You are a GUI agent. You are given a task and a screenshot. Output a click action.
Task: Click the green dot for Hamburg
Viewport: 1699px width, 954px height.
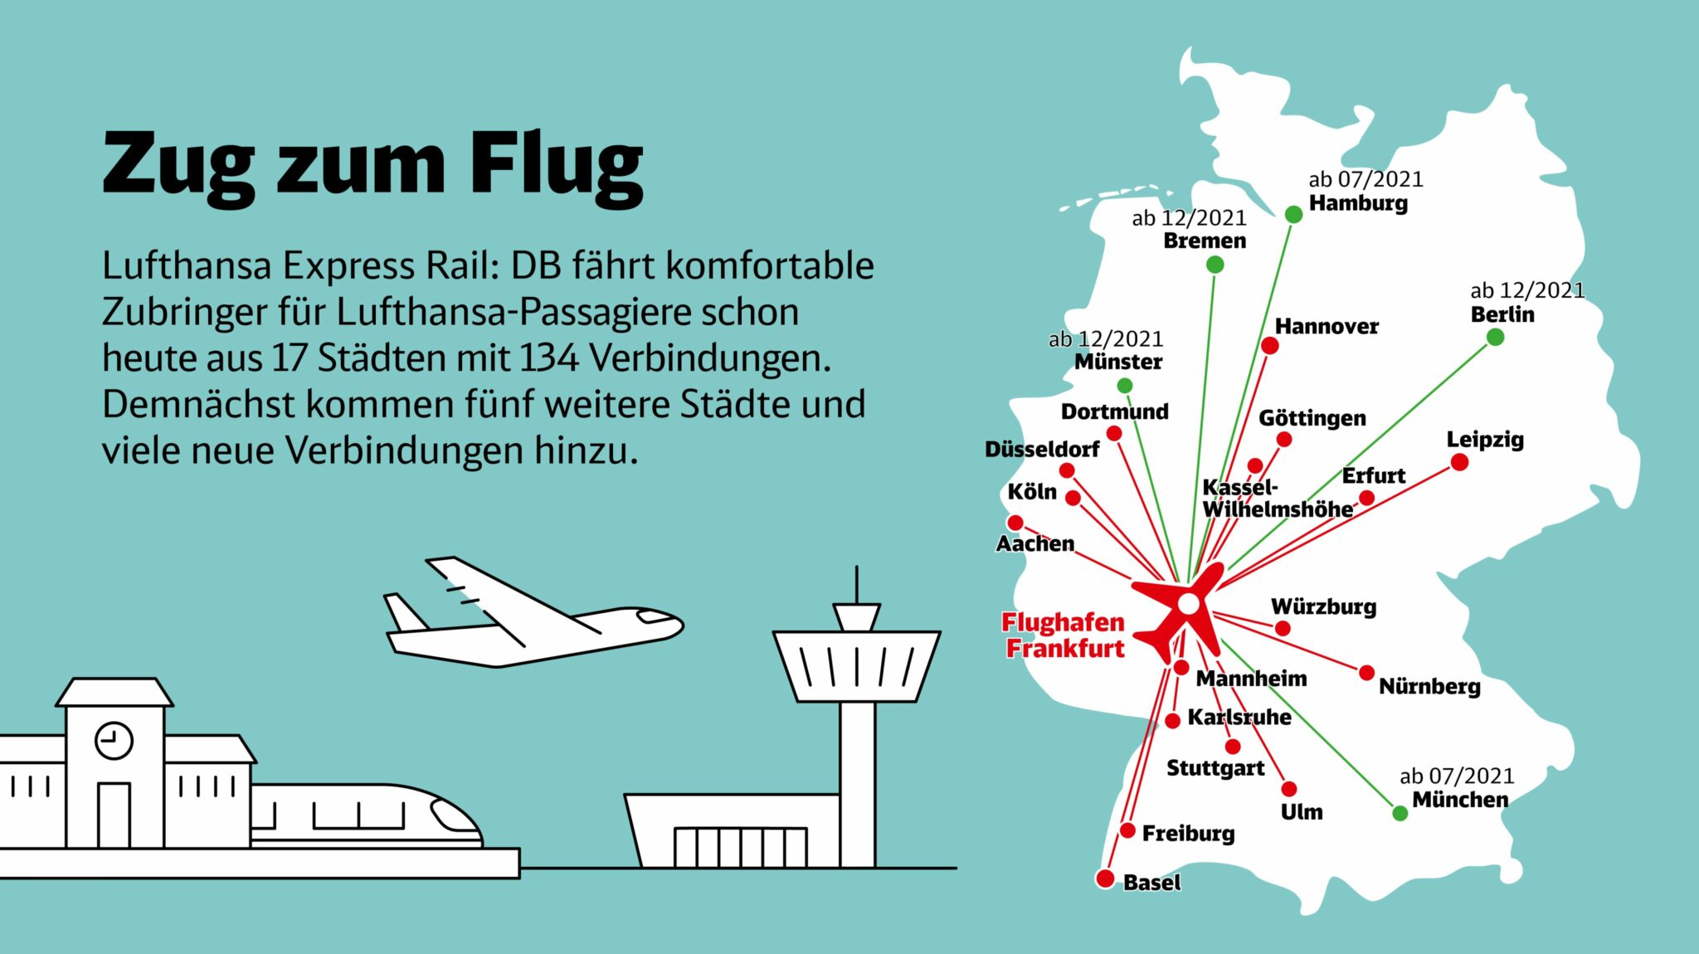pyautogui.click(x=1293, y=215)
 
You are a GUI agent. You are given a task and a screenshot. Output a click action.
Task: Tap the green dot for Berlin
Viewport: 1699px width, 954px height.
pyautogui.click(x=1495, y=337)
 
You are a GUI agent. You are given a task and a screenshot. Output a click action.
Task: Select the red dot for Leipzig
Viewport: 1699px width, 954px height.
pyautogui.click(x=1459, y=462)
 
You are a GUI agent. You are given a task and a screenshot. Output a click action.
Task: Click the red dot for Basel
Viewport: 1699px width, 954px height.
pyautogui.click(x=1105, y=879)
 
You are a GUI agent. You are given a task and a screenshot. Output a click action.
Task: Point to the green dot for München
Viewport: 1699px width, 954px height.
pyautogui.click(x=1400, y=813)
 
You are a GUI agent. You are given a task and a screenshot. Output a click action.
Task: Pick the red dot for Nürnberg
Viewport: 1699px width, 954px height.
pyautogui.click(x=1366, y=673)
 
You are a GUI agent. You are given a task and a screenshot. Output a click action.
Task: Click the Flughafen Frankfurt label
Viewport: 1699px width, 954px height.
pyautogui.click(x=1064, y=635)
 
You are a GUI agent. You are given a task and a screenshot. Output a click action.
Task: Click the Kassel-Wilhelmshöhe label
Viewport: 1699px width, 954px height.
pyautogui.click(x=1276, y=499)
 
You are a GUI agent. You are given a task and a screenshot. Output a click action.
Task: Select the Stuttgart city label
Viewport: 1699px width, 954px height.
pyautogui.click(x=1215, y=768)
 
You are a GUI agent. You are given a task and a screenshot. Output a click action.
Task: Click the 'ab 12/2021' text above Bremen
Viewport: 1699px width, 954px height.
pyautogui.click(x=1189, y=218)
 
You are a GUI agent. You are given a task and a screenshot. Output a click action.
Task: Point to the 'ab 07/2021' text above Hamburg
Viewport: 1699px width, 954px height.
pyautogui.click(x=1366, y=179)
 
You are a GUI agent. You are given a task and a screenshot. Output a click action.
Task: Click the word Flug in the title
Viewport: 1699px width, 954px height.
pyautogui.click(x=555, y=165)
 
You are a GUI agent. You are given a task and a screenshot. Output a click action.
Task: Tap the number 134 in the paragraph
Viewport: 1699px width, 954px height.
pyautogui.click(x=549, y=358)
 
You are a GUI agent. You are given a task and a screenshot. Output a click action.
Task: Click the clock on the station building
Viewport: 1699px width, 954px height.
pyautogui.click(x=114, y=740)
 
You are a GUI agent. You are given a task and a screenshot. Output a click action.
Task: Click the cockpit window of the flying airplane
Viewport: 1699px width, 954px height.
pyautogui.click(x=655, y=617)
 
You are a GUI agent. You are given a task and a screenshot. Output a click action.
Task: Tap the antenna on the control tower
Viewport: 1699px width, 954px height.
pyautogui.click(x=856, y=585)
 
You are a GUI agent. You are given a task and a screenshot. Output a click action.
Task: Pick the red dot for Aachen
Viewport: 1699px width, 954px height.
pyautogui.click(x=1015, y=523)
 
